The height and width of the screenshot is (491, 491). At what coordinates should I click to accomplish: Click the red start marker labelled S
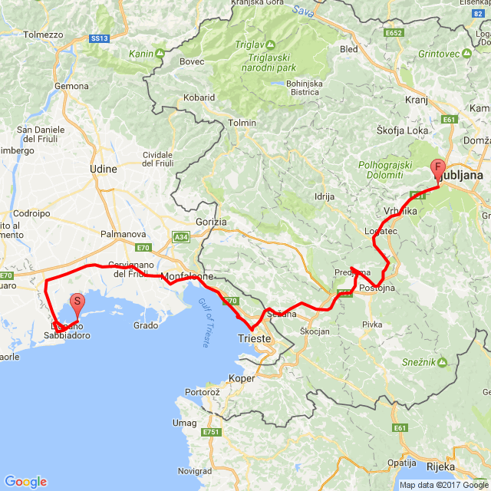pyautogui.click(x=77, y=302)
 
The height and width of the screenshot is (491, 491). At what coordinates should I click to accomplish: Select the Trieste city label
pyautogui.click(x=255, y=338)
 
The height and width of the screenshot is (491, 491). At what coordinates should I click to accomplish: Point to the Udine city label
pyautogui.click(x=103, y=169)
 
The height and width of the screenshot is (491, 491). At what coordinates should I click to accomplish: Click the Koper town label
pyautogui.click(x=242, y=378)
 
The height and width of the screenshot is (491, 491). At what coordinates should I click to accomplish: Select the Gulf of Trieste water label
pyautogui.click(x=206, y=323)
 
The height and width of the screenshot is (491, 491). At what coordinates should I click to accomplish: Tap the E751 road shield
pyautogui.click(x=213, y=433)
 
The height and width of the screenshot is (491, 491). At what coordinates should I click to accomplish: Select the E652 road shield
pyautogui.click(x=394, y=33)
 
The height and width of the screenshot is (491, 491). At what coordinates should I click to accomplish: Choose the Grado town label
pyautogui.click(x=145, y=325)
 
